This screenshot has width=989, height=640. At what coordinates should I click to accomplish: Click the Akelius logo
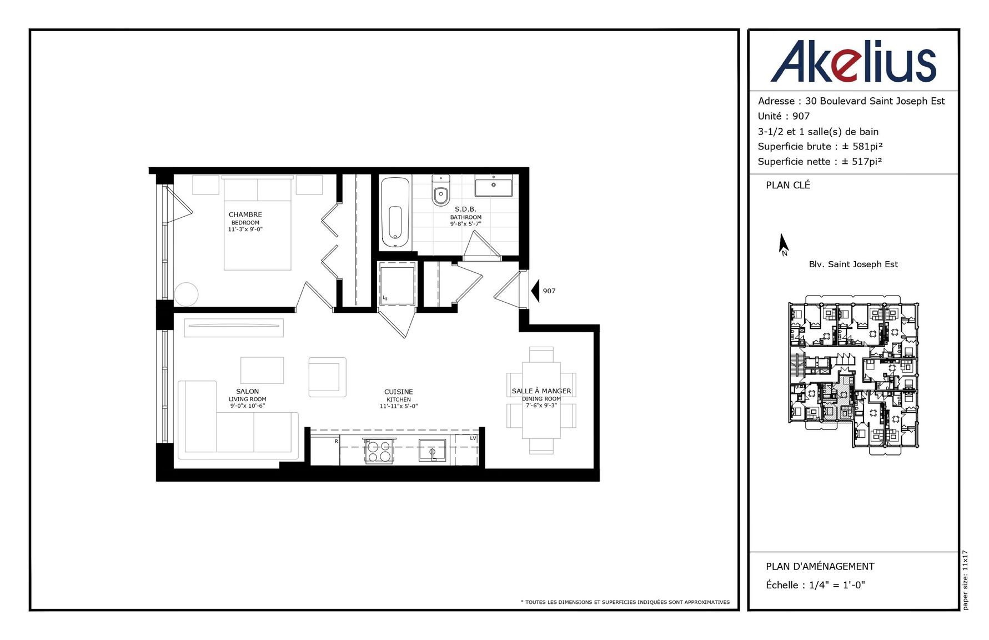[853, 61]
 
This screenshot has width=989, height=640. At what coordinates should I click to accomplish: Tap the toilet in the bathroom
[441, 189]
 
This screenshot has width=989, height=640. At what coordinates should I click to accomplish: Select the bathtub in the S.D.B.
[395, 212]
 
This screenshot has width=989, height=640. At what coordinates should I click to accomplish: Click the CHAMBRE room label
[245, 214]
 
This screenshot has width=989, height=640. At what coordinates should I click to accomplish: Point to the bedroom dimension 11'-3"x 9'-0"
[245, 229]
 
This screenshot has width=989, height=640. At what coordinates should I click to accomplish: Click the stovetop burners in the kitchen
[379, 451]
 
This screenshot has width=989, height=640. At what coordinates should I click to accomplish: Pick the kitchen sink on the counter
[432, 451]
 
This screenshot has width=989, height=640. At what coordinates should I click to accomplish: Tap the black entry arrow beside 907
[535, 291]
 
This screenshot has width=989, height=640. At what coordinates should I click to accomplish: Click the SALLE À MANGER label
[541, 391]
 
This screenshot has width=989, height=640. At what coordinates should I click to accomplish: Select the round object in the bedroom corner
[186, 294]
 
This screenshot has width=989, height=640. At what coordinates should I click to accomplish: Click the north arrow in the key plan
[784, 244]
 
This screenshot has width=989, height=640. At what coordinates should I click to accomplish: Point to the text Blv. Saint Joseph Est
[853, 264]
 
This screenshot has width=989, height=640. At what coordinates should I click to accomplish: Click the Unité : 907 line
[784, 116]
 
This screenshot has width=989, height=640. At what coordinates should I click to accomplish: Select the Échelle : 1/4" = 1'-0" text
[815, 585]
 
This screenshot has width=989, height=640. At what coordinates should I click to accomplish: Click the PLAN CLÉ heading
[788, 185]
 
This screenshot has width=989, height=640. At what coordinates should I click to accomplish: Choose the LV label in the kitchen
[473, 438]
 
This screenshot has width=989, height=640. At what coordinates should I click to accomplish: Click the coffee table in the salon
[262, 370]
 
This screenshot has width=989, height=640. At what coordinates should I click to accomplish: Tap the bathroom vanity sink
[494, 185]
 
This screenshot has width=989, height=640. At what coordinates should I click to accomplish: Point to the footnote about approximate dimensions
[625, 602]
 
